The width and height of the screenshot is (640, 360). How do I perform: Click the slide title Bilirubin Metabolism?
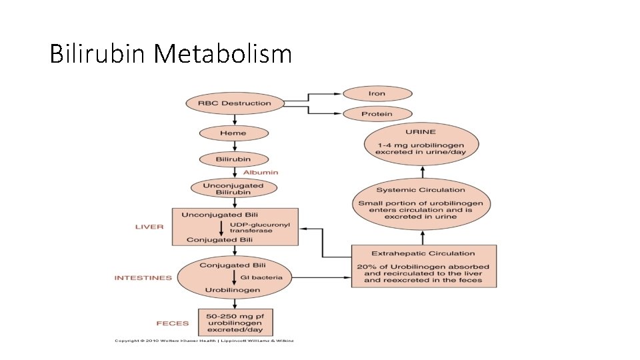coord(171,53)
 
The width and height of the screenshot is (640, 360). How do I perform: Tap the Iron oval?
coord(377,93)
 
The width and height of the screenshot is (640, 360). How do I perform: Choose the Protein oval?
coord(377,114)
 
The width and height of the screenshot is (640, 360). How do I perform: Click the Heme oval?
coord(233,133)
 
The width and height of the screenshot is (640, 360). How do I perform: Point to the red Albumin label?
coord(261,172)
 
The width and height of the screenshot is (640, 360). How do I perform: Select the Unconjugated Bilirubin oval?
coord(233,189)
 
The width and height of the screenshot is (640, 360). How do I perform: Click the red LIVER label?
coord(149,227)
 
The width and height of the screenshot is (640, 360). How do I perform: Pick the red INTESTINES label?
coord(143,278)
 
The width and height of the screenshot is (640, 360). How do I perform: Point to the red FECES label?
coord(173,323)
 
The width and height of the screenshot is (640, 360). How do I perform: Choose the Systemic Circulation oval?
coord(421,203)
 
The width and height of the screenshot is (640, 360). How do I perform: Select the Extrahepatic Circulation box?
coord(423,267)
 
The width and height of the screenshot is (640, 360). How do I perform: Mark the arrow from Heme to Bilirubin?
coord(233,147)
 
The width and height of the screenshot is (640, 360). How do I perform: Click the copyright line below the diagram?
coord(203,341)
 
